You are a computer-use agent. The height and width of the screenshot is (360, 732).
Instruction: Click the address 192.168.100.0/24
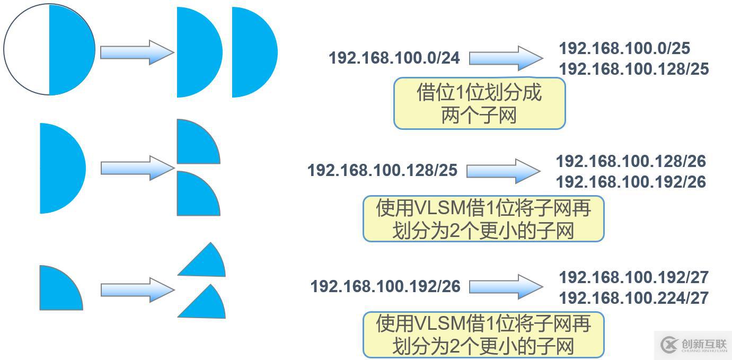[x=394, y=58]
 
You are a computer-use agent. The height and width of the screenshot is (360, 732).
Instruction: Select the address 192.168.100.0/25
[x=624, y=48]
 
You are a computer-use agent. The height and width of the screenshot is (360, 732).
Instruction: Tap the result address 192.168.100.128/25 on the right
[x=633, y=69]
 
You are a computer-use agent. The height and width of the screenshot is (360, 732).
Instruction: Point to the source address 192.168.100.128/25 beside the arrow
[x=382, y=170]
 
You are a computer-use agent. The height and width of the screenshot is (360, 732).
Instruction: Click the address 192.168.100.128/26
[x=631, y=161]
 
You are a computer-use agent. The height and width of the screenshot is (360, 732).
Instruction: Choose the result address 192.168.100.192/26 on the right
[x=631, y=182]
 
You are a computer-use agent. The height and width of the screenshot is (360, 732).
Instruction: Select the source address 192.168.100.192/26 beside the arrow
[x=385, y=286]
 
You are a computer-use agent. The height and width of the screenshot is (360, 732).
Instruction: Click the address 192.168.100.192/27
[x=633, y=277]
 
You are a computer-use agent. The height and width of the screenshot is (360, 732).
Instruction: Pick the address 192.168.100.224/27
[x=633, y=298]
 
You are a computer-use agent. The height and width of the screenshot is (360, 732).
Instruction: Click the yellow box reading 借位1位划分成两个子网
[x=479, y=103]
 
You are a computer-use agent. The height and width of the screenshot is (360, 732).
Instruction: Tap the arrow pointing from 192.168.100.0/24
[x=506, y=58]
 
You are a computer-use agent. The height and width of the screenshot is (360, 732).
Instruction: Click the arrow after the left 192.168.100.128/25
[x=503, y=171]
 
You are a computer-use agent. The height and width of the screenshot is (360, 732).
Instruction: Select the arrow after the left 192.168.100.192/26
[x=506, y=286]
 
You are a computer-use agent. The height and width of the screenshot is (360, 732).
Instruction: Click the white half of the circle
[x=27, y=49]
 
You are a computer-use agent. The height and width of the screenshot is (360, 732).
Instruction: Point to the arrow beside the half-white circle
[x=137, y=52]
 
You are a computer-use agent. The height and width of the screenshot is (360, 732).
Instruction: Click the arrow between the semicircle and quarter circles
[x=137, y=168]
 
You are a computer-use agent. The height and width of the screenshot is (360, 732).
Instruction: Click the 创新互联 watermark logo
[x=693, y=345]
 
